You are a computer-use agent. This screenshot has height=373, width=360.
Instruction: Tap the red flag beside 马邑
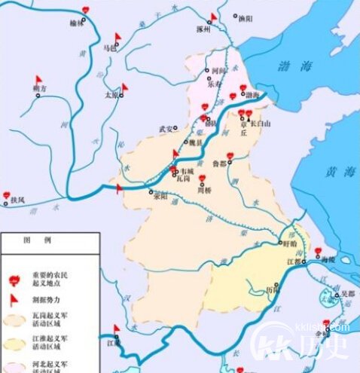117,38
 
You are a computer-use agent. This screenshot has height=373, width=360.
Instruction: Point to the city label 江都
292,261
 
